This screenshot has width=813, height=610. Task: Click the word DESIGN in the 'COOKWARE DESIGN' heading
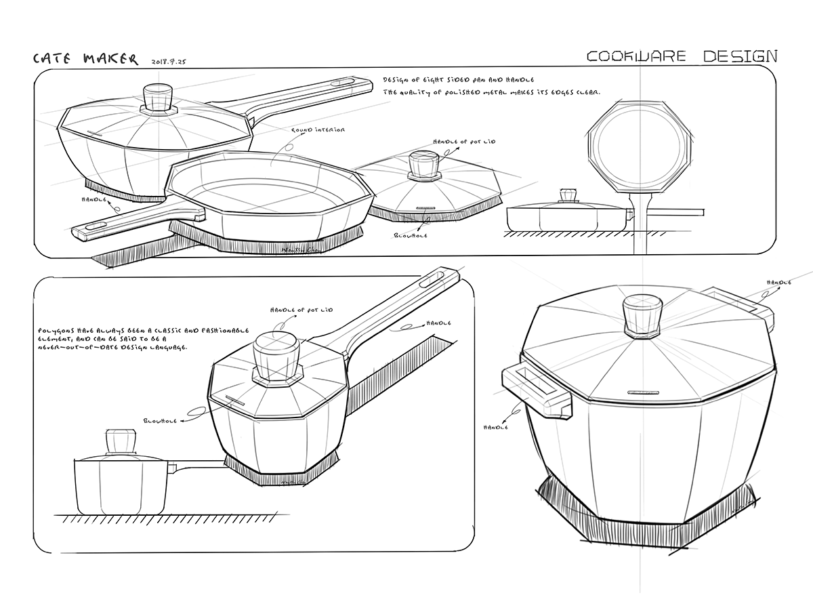[739, 56]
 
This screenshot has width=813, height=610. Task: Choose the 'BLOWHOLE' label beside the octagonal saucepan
[160, 421]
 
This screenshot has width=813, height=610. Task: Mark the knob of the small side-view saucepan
[120, 440]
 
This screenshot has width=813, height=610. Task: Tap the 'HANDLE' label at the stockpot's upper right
[779, 282]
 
